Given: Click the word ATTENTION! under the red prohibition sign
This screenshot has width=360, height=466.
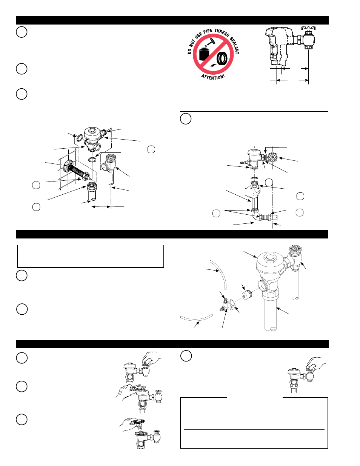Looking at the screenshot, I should pos(213,77).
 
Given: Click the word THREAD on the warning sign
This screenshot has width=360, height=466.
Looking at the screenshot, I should pos(222,33).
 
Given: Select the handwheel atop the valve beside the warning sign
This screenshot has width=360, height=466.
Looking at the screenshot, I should pos(308,28).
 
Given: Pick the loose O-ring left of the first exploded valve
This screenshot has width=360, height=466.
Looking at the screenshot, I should pos(80,138).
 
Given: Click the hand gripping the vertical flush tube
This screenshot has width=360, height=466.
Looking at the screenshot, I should pos(255,192).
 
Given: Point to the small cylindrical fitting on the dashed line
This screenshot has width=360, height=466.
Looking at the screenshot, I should pos(247,294).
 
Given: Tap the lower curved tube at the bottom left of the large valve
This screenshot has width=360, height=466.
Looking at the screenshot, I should pos(196,318).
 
